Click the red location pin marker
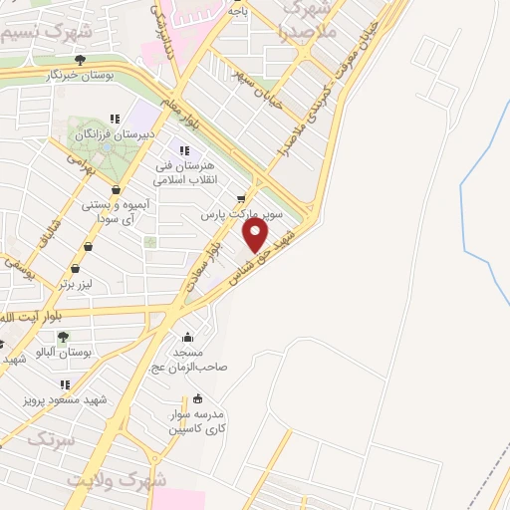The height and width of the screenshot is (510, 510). [x=256, y=235]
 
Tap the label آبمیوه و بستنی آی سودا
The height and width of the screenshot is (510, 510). [x=118, y=209]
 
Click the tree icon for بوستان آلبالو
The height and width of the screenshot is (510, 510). [x=63, y=338]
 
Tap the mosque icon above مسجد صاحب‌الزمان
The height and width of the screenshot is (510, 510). [x=187, y=337]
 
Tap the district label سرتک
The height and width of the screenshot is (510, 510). [x=50, y=438]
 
